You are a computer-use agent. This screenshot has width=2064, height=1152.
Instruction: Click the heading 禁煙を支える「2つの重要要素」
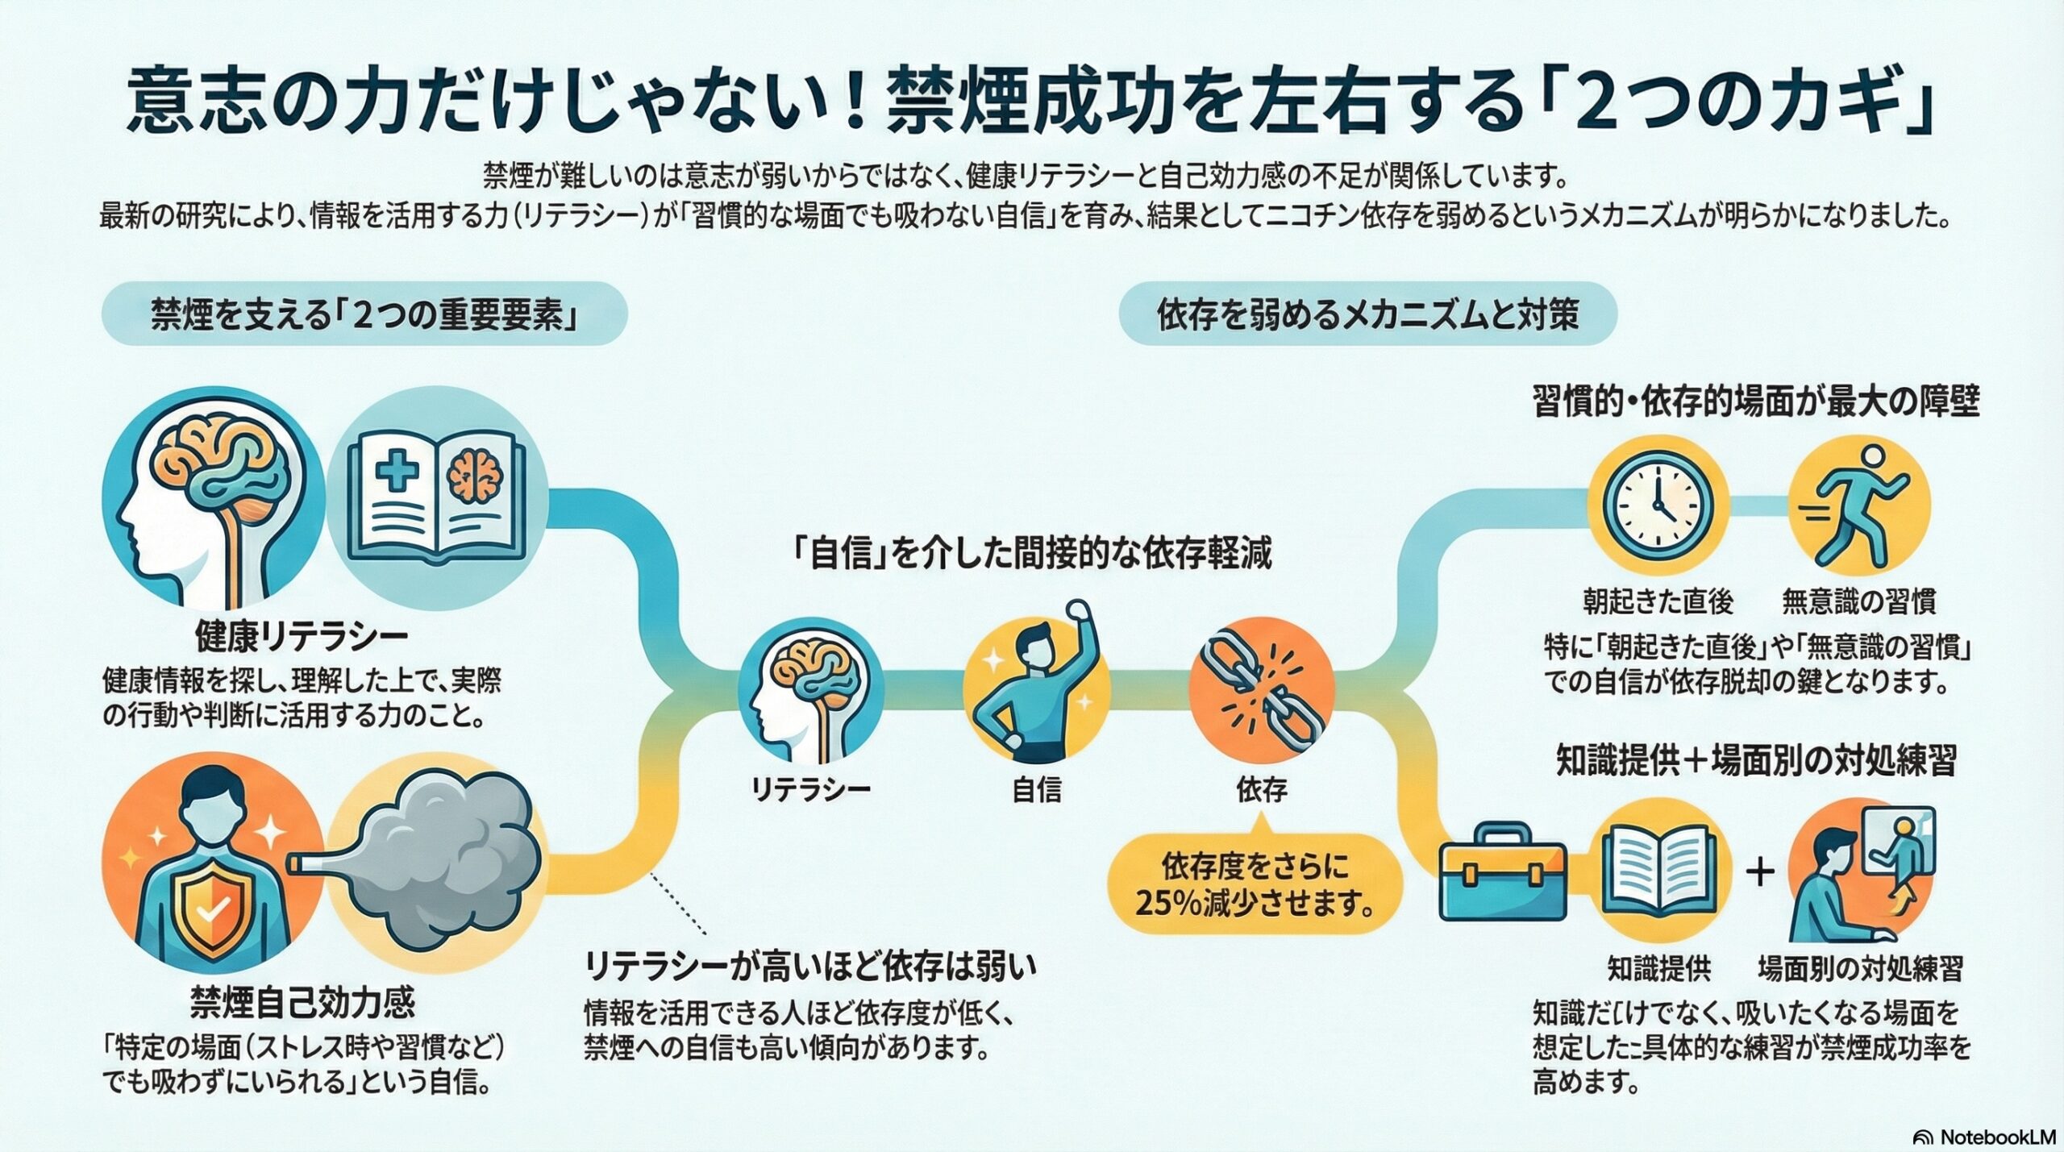point(364,314)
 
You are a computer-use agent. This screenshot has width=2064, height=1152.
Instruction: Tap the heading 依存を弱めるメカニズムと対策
point(1367,314)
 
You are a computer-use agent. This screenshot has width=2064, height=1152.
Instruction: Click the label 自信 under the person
point(1036,789)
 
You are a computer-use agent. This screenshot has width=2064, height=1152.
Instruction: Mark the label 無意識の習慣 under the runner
point(1858,601)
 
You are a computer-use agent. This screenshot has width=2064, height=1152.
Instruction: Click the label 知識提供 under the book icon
point(1658,968)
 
